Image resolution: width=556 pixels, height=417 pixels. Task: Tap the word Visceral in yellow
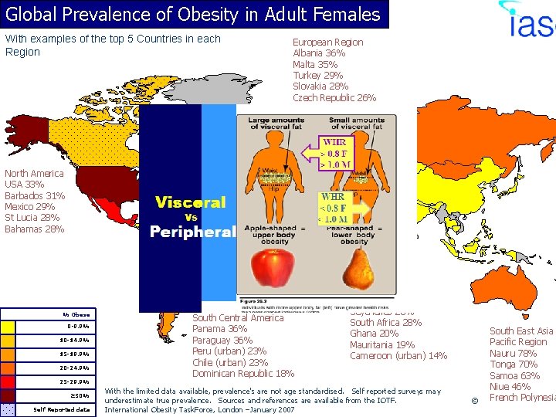pos(190,202)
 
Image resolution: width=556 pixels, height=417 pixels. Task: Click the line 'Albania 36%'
pos(319,53)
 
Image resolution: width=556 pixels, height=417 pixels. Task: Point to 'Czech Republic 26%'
pos(334,97)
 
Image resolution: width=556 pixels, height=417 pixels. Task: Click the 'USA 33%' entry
pos(25,185)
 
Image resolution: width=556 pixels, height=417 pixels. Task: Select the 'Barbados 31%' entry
pos(35,196)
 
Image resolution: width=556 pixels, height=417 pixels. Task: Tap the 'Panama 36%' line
pos(219,329)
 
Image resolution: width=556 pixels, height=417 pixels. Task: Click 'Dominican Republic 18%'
pos(243,373)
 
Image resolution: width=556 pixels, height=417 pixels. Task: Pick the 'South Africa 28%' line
pos(385,322)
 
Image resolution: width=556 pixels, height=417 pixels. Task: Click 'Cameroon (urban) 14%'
pos(398,356)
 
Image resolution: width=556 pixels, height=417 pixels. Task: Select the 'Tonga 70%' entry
pos(514,364)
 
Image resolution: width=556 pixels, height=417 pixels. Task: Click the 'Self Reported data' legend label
pos(62,409)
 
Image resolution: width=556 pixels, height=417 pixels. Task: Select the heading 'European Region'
pos(327,42)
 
